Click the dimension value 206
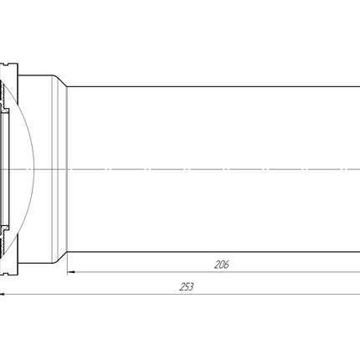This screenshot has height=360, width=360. tap(221, 265)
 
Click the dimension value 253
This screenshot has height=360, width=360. tap(187, 287)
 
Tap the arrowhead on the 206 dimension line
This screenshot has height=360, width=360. tap(71, 272)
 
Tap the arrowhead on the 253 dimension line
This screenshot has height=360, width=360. tap(3, 294)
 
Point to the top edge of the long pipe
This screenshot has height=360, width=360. tap(213, 86)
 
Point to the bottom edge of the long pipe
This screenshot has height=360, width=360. tap(213, 252)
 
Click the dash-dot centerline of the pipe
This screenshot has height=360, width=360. tap(180, 169)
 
